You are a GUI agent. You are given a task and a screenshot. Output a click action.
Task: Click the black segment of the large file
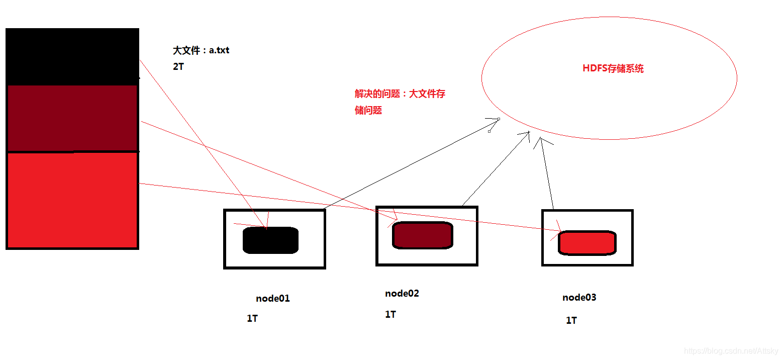pos(72,56)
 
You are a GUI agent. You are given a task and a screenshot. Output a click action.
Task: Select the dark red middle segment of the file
pos(72,118)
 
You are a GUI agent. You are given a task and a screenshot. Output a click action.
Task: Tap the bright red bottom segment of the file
pos(72,200)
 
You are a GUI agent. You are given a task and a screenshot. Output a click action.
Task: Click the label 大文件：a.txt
pos(201,50)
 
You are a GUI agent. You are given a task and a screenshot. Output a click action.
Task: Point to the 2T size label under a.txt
pos(178,66)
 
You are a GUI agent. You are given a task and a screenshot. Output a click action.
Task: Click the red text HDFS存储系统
pos(613,69)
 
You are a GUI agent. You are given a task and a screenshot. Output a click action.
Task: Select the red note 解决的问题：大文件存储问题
pos(400,102)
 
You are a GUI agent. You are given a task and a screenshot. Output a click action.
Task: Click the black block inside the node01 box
pos(271,240)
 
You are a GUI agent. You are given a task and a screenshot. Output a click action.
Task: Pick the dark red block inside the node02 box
pos(423,235)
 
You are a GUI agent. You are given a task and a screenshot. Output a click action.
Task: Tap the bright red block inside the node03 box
pos(588,242)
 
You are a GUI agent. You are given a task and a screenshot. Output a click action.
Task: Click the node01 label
pos(273,298)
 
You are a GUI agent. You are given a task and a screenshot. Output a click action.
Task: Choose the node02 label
pos(402,294)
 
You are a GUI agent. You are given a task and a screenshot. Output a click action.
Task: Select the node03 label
pos(579,297)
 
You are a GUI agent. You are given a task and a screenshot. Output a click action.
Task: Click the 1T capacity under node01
pos(252,318)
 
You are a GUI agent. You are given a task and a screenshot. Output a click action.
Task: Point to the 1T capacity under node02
pos(390,314)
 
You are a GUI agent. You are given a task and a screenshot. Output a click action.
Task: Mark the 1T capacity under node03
pos(571,320)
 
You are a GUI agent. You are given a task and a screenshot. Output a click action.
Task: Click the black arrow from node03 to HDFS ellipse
pos(546,173)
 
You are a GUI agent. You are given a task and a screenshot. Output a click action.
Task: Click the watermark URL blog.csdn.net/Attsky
pos(731,351)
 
